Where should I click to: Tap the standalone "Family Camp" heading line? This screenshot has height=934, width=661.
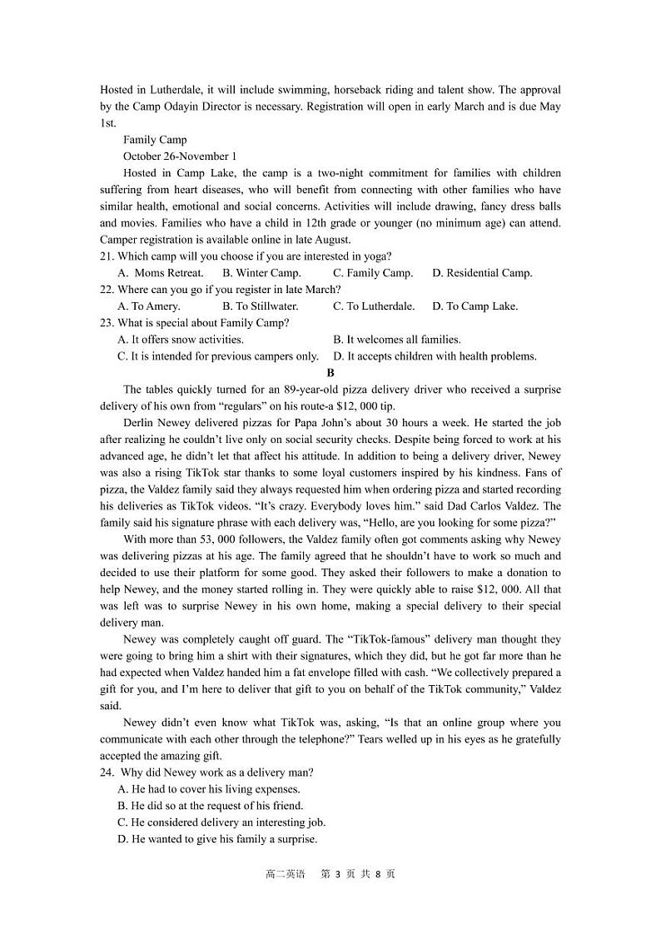[x=155, y=140]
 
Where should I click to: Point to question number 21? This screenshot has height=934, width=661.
[x=107, y=256]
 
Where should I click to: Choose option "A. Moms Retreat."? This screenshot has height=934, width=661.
[x=161, y=273]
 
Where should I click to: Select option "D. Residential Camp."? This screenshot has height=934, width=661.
[x=482, y=273]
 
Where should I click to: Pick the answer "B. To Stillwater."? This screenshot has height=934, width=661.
[x=261, y=306]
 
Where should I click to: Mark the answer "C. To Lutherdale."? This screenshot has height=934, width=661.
[x=374, y=306]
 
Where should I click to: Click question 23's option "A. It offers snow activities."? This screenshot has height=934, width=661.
[x=181, y=340]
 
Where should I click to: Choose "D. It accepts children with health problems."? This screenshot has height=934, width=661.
[x=435, y=356]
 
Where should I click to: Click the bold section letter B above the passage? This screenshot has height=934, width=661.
[x=330, y=373]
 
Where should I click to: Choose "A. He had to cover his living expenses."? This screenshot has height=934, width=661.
[x=209, y=789]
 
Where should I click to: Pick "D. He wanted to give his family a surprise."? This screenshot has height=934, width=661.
[x=217, y=839]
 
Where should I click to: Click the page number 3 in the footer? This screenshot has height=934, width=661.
[x=337, y=874]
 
